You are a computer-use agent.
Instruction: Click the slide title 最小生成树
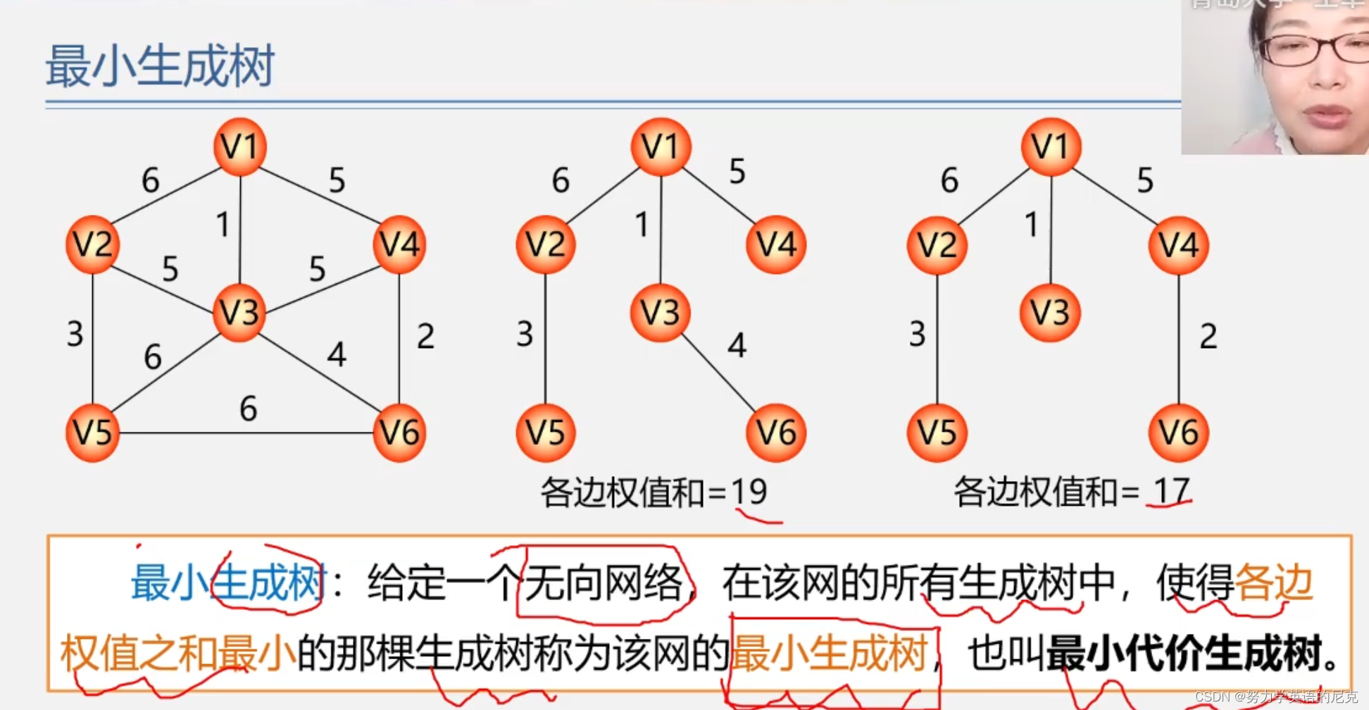160,66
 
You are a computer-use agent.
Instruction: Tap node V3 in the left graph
239,313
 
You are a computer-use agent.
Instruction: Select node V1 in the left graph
240,147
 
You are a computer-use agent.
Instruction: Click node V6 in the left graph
399,432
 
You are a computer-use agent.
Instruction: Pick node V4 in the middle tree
776,244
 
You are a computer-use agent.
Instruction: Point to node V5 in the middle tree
546,432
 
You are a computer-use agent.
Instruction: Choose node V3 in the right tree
1050,313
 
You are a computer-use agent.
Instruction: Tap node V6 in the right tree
1179,432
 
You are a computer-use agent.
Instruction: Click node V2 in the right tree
937,245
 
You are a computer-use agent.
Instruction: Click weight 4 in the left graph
337,354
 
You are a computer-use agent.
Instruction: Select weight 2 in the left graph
425,336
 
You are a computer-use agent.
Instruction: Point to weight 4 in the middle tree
737,345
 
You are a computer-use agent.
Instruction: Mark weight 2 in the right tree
1208,336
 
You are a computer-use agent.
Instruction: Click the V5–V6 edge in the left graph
246,432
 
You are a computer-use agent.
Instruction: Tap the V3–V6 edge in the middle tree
718,373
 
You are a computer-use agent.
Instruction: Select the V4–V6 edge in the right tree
1179,338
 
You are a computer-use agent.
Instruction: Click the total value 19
749,491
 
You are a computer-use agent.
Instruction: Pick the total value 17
1171,491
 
